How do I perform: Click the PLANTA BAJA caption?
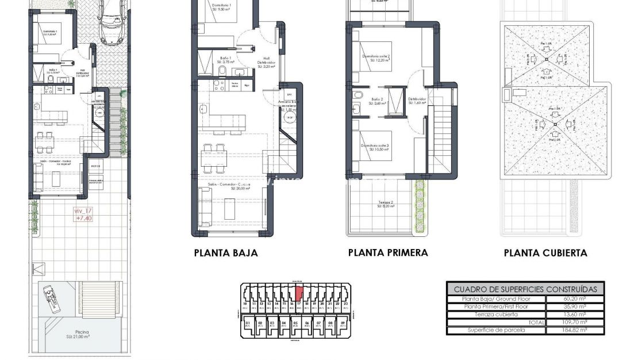pos(226,253)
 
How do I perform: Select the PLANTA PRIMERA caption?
pos(388,253)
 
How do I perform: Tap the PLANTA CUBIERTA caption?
pos(545,253)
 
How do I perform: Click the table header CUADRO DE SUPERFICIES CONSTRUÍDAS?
pos(525,289)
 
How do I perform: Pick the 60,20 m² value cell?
pos(574,299)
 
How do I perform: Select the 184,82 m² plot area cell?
pos(574,330)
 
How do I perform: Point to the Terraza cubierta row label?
pos(496,315)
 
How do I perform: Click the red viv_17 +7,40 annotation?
pos(83,215)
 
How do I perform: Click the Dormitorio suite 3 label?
pos(375,148)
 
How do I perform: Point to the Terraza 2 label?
pos(386,204)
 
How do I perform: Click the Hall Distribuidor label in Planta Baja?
pos(266,62)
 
